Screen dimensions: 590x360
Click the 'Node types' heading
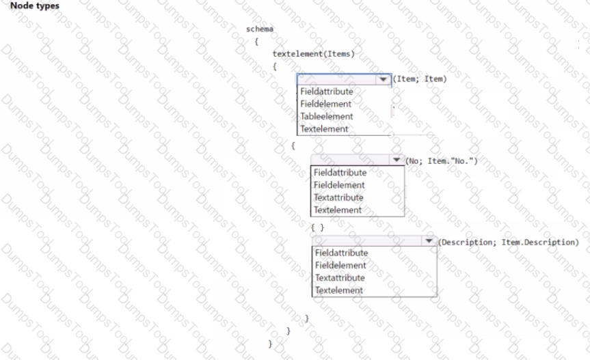point(35,5)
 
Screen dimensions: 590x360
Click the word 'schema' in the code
point(260,29)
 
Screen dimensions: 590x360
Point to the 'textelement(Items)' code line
point(313,54)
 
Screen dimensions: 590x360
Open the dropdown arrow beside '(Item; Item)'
point(383,79)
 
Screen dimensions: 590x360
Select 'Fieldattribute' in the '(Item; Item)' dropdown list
point(327,92)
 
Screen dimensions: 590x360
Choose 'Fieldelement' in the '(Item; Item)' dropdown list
point(325,104)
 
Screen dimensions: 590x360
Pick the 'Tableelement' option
point(327,116)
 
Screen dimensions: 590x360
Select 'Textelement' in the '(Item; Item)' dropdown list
point(324,128)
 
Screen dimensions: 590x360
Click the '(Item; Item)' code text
point(420,79)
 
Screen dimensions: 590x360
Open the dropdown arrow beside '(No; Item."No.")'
point(397,160)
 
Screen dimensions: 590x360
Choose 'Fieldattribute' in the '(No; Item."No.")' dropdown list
point(340,172)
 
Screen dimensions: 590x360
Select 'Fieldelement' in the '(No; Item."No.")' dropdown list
point(339,185)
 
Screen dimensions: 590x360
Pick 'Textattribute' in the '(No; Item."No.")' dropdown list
point(338,197)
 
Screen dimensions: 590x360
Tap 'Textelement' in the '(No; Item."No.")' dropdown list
point(338,210)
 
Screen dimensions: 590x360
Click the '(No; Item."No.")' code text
point(442,161)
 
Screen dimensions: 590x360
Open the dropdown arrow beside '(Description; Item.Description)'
point(429,241)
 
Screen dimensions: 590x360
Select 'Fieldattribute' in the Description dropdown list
point(341,253)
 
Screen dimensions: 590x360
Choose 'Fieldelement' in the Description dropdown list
point(340,265)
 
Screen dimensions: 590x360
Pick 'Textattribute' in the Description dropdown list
point(340,277)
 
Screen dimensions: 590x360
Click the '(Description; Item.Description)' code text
point(509,243)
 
